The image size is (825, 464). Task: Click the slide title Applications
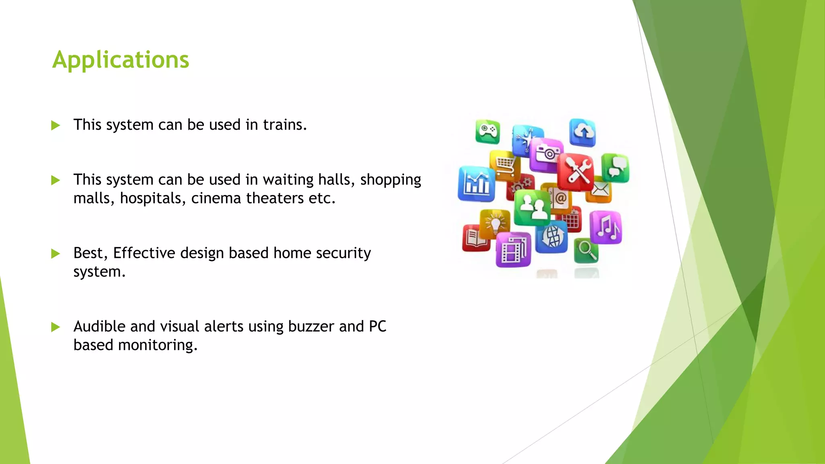(x=120, y=60)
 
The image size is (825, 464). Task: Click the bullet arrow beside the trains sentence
(x=56, y=125)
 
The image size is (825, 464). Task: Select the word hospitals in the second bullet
(x=153, y=199)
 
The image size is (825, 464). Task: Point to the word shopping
(x=390, y=180)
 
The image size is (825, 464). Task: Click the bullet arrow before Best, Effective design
(x=56, y=254)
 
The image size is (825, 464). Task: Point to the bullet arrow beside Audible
(x=56, y=327)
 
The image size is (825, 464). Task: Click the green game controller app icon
(x=487, y=132)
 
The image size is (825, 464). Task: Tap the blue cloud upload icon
(x=582, y=132)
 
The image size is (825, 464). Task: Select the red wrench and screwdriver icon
(x=576, y=172)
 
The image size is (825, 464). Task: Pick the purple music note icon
(x=606, y=227)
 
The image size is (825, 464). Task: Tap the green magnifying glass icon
(x=586, y=251)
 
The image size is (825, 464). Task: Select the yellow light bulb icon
(x=495, y=224)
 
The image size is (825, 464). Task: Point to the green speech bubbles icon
(x=616, y=168)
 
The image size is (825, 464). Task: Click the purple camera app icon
(x=547, y=154)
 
